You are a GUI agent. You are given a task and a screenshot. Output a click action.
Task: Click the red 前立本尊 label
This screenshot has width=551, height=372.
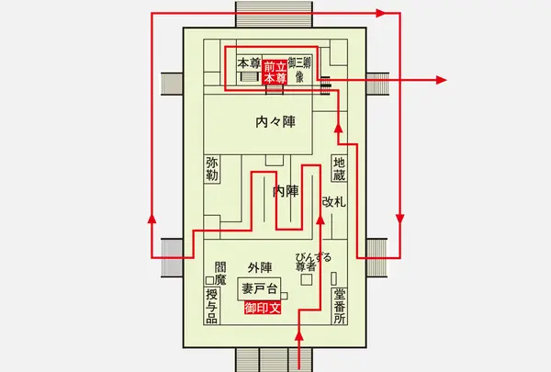coord(275,73)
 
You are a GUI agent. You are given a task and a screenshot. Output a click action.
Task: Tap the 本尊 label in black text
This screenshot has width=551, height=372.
coord(249,64)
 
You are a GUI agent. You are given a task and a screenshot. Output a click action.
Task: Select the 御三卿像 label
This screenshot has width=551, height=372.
coord(299,70)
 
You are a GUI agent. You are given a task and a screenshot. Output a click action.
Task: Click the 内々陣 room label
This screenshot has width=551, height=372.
coord(275,121)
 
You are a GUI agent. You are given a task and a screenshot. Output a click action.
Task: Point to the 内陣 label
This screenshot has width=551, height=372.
coord(286,192)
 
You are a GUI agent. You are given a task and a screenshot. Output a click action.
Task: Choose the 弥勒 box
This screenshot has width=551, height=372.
coord(212,169)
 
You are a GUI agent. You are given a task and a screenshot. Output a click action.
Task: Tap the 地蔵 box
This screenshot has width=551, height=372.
coord(339,168)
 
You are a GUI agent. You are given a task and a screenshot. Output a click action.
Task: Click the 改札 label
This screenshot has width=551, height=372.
coord(334,202)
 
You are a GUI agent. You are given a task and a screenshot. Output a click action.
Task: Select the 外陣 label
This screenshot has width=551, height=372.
coord(260,267)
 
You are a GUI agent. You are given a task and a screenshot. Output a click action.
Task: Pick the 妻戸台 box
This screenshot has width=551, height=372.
coord(259,289)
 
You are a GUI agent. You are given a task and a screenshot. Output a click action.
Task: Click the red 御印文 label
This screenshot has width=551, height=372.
coord(263,308)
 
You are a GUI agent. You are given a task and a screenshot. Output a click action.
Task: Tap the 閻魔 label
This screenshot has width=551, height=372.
coord(220,274)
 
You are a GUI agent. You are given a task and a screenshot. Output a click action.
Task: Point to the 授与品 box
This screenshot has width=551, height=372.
coord(212,306)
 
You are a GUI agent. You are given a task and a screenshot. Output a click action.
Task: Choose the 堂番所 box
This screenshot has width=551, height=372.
coord(340,306)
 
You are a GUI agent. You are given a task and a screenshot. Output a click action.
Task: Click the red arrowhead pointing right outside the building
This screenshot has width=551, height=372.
coord(442,80)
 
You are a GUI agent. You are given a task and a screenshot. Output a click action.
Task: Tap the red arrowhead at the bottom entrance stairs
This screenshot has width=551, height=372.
coord(299,335)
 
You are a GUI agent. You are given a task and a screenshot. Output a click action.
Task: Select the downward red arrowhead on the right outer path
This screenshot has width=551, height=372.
coord(399,219)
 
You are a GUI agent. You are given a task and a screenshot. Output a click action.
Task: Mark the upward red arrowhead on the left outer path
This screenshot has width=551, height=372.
coord(152,219)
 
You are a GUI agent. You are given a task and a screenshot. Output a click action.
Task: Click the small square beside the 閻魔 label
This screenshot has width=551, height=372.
coord(209,280)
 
